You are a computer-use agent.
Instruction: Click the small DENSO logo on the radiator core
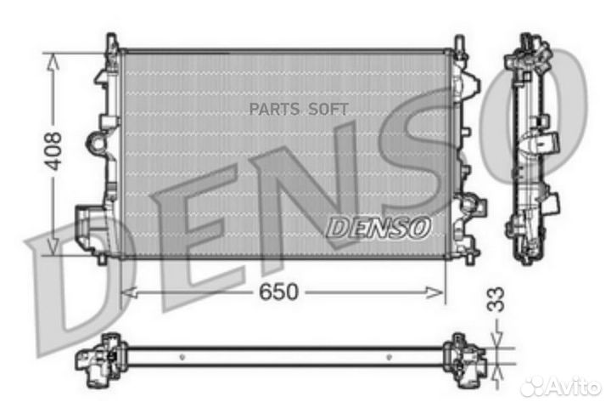click(x=378, y=227)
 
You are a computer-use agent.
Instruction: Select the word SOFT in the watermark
click(x=329, y=109)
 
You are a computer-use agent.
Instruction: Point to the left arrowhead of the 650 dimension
click(x=127, y=292)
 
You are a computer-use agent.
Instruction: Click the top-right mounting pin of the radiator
click(x=459, y=42)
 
